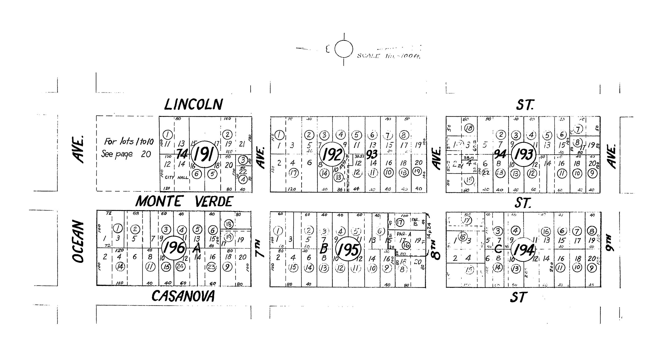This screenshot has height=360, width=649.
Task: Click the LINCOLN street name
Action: (193, 104)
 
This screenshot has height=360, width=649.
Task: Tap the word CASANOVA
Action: (183, 296)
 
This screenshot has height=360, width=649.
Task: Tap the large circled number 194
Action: (523, 250)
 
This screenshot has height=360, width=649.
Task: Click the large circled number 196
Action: (175, 248)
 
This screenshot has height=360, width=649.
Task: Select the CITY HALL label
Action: (177, 177)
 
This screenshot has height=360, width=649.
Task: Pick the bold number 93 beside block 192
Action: (372, 154)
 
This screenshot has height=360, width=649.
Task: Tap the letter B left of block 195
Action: (324, 249)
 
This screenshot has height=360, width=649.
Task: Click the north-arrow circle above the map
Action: (344, 49)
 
